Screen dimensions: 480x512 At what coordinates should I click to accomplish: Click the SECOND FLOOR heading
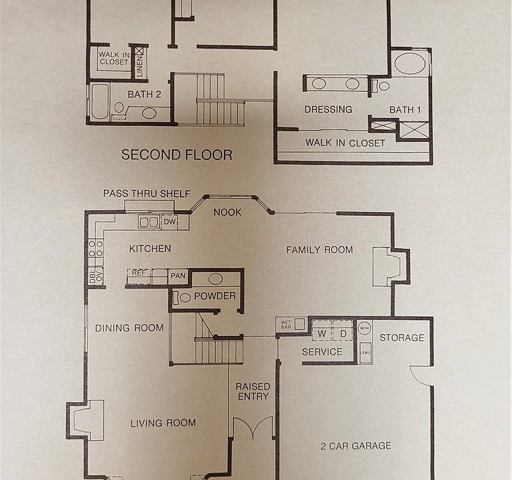click(x=177, y=155)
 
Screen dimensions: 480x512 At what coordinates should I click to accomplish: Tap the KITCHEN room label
click(x=150, y=249)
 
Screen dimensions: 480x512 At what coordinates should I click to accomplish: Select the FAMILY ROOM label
click(x=319, y=250)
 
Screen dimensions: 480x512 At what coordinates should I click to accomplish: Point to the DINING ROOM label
click(x=129, y=327)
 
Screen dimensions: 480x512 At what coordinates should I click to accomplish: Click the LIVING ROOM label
click(x=163, y=423)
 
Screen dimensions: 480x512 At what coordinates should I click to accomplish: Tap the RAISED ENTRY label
click(x=253, y=391)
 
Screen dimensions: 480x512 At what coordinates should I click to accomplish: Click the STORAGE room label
click(x=401, y=337)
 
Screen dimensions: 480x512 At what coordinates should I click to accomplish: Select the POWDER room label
click(x=214, y=295)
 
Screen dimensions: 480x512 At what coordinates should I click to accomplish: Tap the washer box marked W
click(x=321, y=333)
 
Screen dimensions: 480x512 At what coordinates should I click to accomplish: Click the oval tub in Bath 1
click(x=409, y=65)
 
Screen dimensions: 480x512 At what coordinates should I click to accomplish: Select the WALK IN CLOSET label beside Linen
click(x=113, y=58)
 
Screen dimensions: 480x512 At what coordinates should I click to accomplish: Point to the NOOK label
click(x=227, y=213)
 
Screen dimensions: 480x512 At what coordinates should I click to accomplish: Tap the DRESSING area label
click(x=328, y=109)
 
